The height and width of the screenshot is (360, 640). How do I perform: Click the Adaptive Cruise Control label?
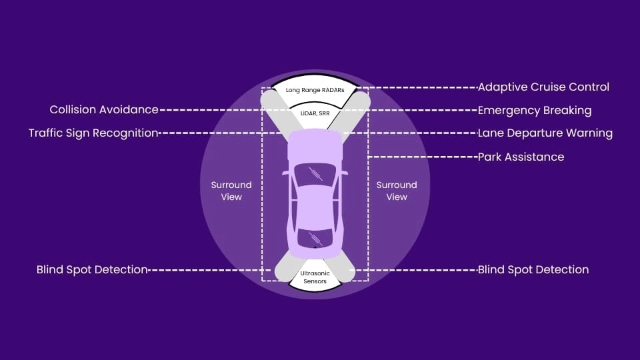[x=543, y=87]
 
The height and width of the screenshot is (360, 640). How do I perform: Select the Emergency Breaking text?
[x=535, y=110]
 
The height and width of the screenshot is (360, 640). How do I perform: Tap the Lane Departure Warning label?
[x=545, y=133]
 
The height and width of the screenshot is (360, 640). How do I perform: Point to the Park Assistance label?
[x=521, y=157]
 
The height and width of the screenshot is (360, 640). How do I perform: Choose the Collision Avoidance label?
[x=104, y=109]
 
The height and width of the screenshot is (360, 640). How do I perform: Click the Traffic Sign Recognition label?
[x=93, y=133]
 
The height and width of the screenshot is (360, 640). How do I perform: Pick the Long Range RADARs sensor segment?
[x=313, y=90]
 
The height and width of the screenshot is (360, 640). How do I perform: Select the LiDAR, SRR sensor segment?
[x=315, y=114]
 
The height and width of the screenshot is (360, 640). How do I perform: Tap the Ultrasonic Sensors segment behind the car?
[x=316, y=277]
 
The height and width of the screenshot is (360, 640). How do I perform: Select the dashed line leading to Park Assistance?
[x=423, y=157]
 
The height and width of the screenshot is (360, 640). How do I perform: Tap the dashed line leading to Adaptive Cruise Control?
[x=420, y=87]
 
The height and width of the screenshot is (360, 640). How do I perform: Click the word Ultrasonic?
[x=316, y=273]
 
